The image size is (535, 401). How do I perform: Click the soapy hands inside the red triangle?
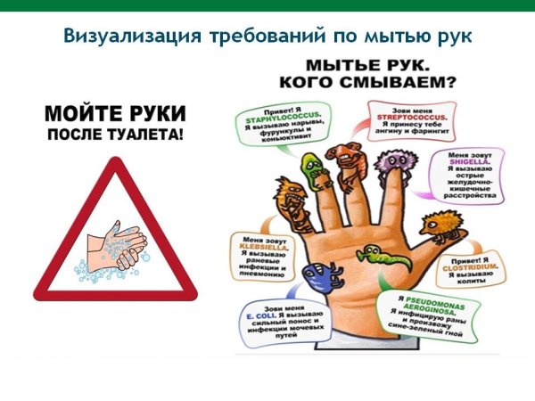[114, 244]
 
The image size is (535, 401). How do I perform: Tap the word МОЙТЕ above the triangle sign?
[81, 114]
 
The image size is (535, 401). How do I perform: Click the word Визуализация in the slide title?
[115, 37]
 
